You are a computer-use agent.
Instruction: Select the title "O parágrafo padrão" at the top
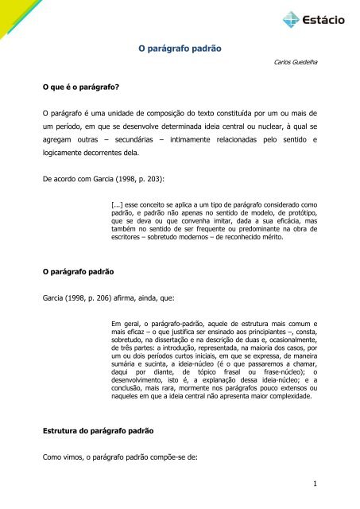(179, 49)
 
